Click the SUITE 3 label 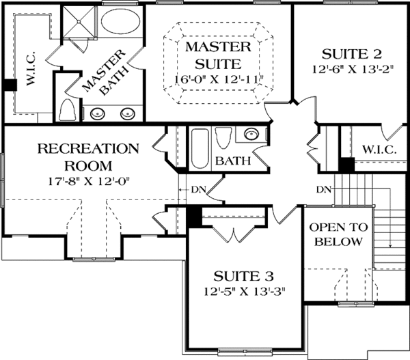click(244, 277)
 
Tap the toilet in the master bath click(69, 109)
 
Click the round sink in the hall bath click(251, 135)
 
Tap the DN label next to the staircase click(324, 189)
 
